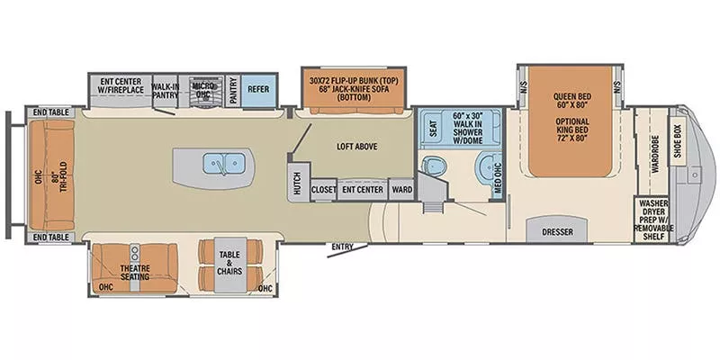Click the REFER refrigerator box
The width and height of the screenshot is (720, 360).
coord(258,90)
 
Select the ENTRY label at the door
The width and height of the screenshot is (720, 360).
coord(342,246)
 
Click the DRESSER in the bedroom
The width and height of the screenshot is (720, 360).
coord(558,230)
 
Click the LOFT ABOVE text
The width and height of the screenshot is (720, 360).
coord(357,146)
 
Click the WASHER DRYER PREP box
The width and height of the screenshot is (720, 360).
coord(654,220)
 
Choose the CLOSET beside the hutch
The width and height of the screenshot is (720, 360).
coord(324,189)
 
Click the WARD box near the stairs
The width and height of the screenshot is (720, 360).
coord(402,189)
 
